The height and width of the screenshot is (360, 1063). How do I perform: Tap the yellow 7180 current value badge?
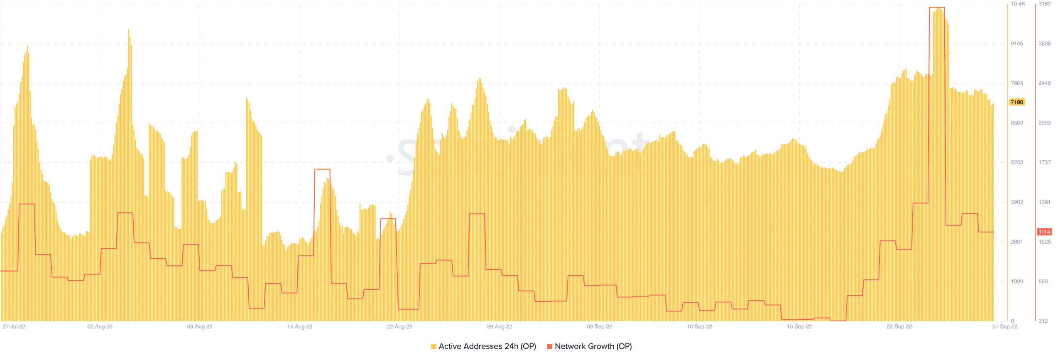(1017, 102)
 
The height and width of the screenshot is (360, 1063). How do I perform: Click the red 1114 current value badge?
(1044, 232)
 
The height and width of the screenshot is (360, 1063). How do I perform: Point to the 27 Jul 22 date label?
(14, 327)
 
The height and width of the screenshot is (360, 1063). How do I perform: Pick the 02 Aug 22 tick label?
(100, 327)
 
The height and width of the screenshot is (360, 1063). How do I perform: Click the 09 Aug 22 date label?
(200, 327)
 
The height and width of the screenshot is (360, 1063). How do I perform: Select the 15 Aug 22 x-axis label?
(300, 327)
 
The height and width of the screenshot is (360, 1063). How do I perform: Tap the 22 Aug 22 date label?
(399, 327)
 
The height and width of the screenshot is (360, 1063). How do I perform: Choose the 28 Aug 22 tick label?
(500, 327)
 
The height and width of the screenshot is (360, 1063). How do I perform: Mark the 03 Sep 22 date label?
(599, 327)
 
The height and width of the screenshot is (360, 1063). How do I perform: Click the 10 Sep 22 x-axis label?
(699, 327)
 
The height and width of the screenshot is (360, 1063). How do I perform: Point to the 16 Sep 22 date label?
(799, 327)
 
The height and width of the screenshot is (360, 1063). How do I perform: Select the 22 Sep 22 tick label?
(899, 327)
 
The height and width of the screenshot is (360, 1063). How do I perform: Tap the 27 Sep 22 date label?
(1005, 327)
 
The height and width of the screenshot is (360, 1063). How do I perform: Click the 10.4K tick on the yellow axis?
(1018, 4)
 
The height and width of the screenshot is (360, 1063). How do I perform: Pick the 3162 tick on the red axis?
(1045, 4)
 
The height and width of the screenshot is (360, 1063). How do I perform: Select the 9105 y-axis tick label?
(1017, 44)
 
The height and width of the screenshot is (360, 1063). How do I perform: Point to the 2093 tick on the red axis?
(1045, 123)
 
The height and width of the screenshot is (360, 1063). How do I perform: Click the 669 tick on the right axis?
(1043, 282)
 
